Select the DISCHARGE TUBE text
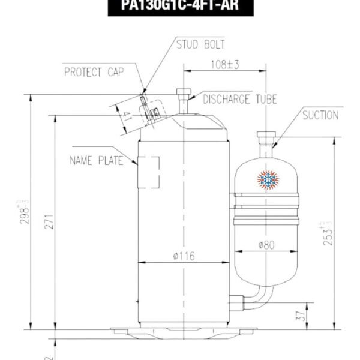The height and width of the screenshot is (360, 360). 240,100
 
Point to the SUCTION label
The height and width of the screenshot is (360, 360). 320,115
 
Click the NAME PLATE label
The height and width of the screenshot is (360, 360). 97,160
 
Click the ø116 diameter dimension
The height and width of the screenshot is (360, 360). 183,256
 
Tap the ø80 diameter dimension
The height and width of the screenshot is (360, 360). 266,245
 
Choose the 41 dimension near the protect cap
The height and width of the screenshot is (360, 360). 125,115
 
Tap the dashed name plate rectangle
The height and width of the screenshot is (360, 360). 150,172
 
